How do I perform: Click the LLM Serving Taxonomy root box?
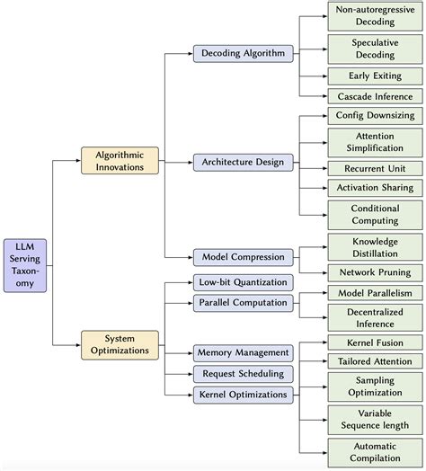coord(27,262)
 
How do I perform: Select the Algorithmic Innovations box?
coord(120,160)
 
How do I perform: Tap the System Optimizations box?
coord(120,343)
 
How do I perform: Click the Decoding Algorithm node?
coord(243,54)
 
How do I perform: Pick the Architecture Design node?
coord(243,162)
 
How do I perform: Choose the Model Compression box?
coord(243,256)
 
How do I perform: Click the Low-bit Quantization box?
coord(243,282)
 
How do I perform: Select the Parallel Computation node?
coord(243,303)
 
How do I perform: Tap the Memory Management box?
coord(243,352)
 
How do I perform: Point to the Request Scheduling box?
coord(243,373)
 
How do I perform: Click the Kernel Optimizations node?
coord(243,394)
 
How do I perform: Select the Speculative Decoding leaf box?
coord(375,47)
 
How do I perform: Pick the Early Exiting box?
coord(375,76)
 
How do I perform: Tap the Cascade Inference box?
coord(375,96)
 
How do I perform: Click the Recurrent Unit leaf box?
coord(375,168)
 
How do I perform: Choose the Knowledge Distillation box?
coord(375,247)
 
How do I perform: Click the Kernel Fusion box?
coord(375,342)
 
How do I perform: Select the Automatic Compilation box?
coord(375,451)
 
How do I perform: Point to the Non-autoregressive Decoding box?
coord(375,15)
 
